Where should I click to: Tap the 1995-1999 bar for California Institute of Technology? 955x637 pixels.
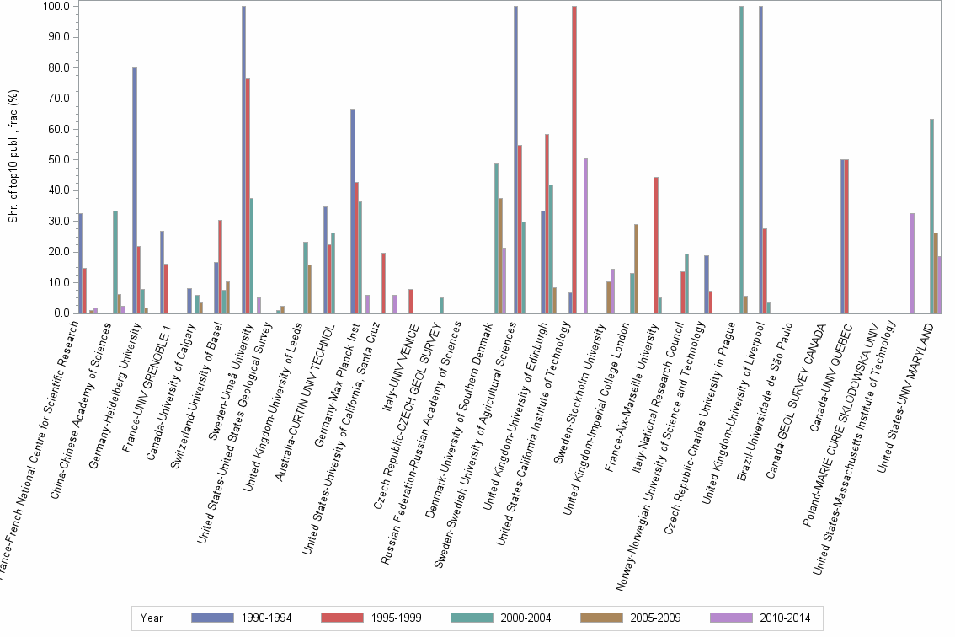[574, 160]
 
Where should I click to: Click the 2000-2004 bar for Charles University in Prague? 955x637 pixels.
[741, 160]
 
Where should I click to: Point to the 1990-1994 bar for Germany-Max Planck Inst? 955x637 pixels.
[353, 211]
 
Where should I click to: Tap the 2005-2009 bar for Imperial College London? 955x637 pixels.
[636, 269]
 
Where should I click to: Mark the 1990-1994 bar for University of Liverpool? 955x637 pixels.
[760, 160]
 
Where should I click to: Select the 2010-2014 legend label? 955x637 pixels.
[786, 618]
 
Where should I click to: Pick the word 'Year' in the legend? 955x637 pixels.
[152, 618]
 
